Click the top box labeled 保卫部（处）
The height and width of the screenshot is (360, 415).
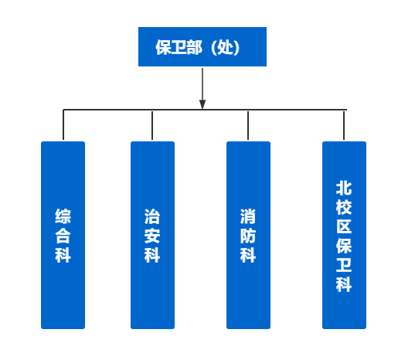[x=202, y=46]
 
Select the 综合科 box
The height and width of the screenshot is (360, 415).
[x=63, y=235]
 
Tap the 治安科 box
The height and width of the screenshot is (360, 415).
[x=152, y=235]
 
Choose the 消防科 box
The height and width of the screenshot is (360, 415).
[x=248, y=235]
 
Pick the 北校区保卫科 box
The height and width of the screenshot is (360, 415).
[x=344, y=235]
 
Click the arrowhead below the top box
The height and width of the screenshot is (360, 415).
[x=202, y=104]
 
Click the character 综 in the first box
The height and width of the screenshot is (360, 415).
[x=63, y=216]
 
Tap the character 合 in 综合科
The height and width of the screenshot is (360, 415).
[x=63, y=236]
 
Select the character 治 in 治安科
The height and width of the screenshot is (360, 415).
[x=152, y=216]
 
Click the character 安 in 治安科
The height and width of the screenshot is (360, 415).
[x=152, y=236]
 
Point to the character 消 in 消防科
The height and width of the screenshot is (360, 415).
[x=248, y=216]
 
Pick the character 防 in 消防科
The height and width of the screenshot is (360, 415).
[x=248, y=236]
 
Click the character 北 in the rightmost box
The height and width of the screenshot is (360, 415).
[x=344, y=188]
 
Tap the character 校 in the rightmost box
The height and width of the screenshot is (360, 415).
[x=344, y=207]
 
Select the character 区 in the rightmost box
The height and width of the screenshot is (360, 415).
[x=344, y=226]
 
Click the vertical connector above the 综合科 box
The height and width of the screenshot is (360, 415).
[x=63, y=124]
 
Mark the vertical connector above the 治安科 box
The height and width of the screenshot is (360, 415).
[x=152, y=125]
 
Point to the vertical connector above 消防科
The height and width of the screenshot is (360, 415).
[x=248, y=125]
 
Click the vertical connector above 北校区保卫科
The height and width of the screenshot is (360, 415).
[x=344, y=125]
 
